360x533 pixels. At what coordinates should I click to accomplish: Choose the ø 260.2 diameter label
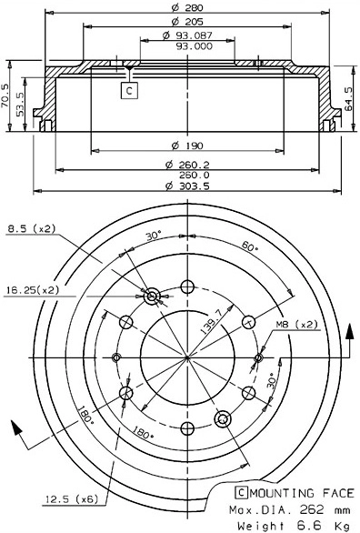pyautogui.click(x=187, y=164)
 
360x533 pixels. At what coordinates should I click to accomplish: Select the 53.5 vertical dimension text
pyautogui.click(x=21, y=105)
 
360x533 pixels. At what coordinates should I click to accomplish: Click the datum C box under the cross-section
pyautogui.click(x=129, y=90)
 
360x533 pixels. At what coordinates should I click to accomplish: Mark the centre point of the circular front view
pyautogui.click(x=186, y=356)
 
